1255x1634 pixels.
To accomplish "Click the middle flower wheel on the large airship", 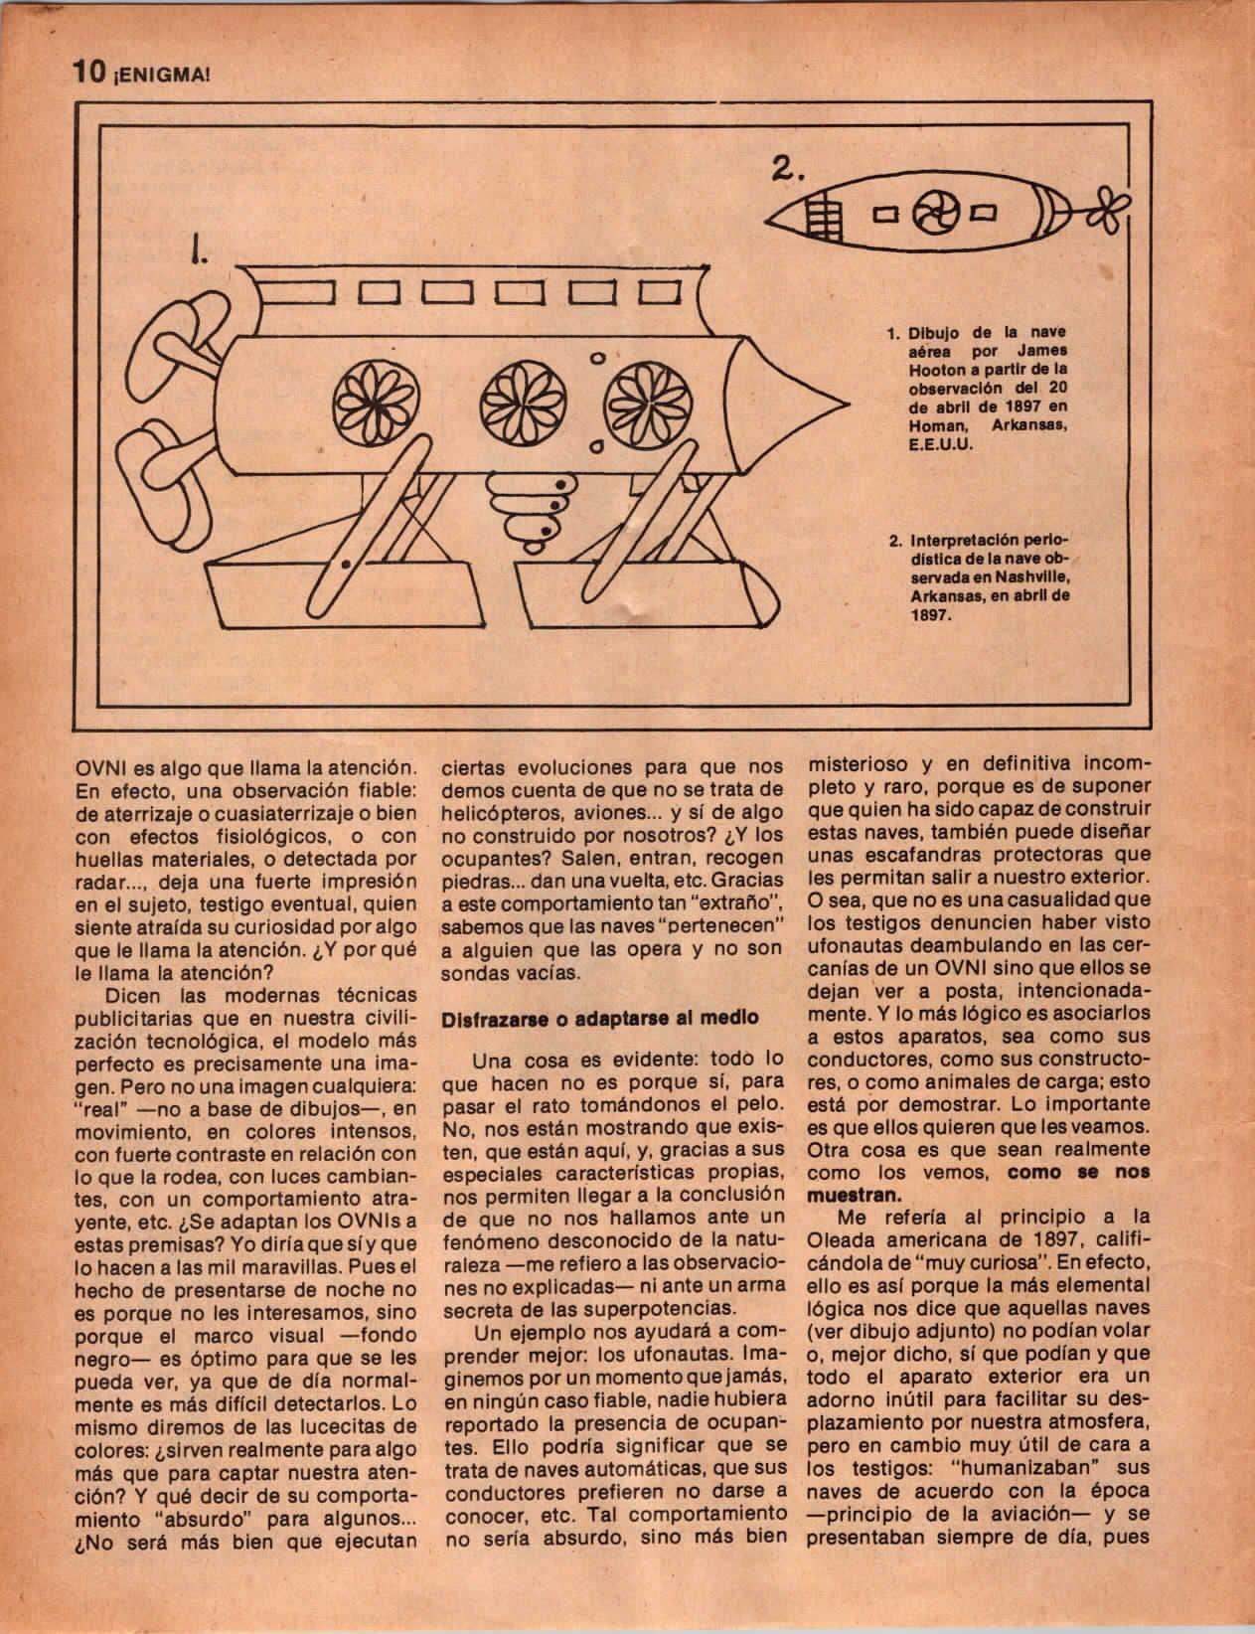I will [516, 401].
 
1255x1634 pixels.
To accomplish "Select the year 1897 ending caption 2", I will [924, 615].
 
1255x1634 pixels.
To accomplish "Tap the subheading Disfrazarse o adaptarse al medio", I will [600, 1018].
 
